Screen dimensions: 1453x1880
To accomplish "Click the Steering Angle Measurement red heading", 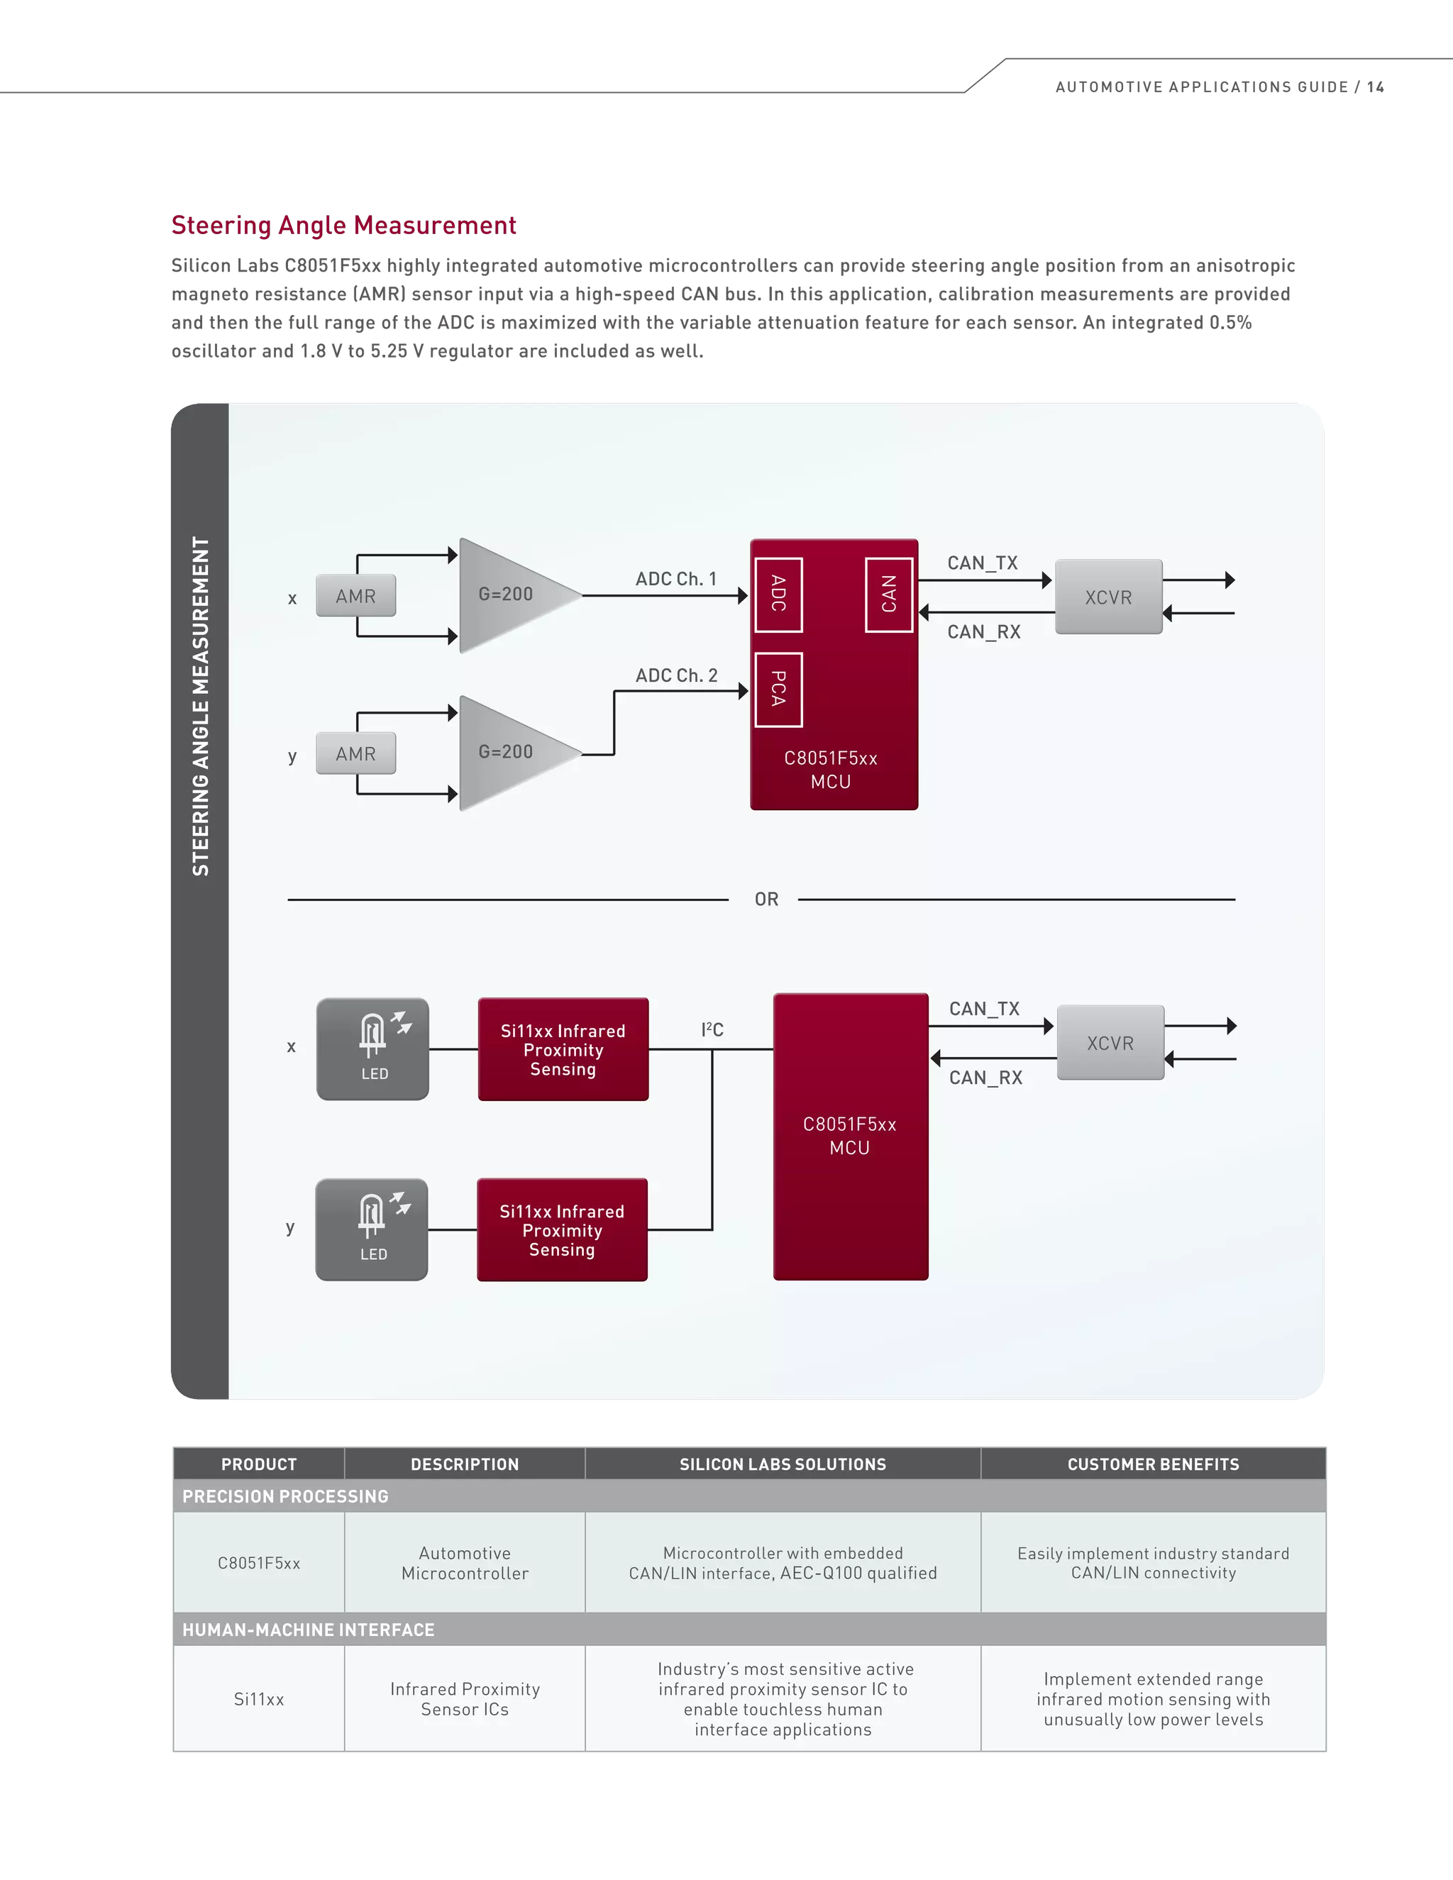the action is click(x=343, y=226).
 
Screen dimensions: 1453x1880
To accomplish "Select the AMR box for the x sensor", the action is click(x=355, y=596).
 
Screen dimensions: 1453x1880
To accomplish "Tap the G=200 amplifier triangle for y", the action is click(x=509, y=752).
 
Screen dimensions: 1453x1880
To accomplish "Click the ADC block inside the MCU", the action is click(x=778, y=594).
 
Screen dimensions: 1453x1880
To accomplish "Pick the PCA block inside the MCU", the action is click(x=778, y=690).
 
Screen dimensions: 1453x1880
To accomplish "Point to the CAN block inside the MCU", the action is click(x=888, y=594).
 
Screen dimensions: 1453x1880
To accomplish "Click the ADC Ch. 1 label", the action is click(x=675, y=578).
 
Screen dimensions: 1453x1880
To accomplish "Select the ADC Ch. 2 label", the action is click(x=675, y=675).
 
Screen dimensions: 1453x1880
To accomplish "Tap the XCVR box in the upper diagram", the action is click(x=1107, y=597).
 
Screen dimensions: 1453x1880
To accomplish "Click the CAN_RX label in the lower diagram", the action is click(x=985, y=1078).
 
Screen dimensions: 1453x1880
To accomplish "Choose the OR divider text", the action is click(x=766, y=900).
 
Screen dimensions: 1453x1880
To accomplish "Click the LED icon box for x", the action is click(x=372, y=1049).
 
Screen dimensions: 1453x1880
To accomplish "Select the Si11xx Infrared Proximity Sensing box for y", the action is click(x=562, y=1229).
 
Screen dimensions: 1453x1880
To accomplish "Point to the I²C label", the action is click(x=712, y=1029).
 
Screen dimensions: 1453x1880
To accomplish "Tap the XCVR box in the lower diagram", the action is click(x=1110, y=1042).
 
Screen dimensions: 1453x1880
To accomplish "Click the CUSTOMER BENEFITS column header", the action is click(x=1153, y=1464).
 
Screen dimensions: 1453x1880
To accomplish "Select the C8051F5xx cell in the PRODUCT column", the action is click(x=258, y=1563).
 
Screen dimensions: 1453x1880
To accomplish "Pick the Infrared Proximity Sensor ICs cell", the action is click(x=465, y=1699).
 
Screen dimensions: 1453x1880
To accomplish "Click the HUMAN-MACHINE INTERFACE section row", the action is click(x=308, y=1630).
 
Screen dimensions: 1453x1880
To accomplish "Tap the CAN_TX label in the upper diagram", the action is click(x=982, y=563).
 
